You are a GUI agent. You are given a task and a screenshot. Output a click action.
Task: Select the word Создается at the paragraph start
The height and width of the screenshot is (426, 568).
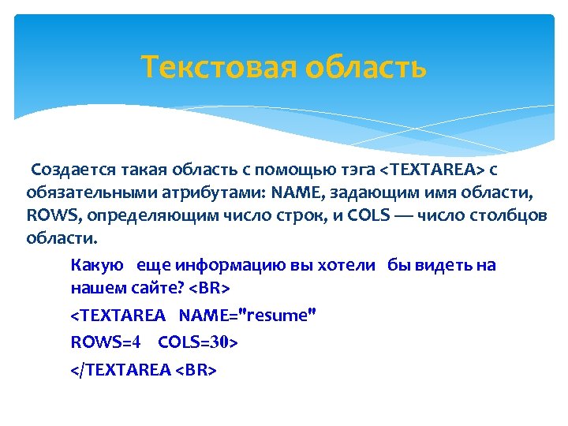tap(73, 170)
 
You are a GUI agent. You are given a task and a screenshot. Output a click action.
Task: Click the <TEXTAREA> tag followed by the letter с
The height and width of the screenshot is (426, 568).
tap(432, 170)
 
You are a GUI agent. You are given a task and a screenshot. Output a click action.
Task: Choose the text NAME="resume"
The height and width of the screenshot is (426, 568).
tap(248, 316)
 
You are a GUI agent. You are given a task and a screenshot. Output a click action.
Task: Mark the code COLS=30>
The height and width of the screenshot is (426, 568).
tap(198, 342)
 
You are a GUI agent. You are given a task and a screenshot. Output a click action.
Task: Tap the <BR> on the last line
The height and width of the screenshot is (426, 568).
tap(196, 370)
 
